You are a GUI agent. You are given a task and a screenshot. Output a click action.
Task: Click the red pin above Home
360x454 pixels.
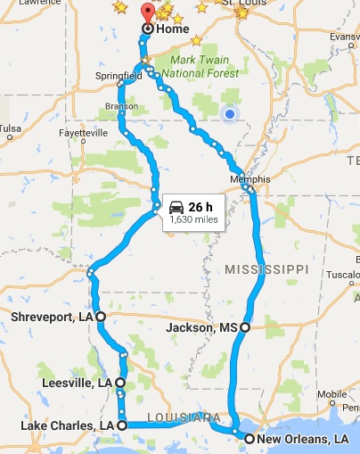click(x=148, y=12)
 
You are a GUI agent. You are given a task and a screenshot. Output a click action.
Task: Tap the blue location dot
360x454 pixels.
click(x=230, y=114)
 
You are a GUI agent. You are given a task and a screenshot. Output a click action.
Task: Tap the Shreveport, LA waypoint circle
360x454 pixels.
click(x=100, y=317)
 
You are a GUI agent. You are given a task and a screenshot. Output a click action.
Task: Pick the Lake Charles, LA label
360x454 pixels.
click(x=67, y=425)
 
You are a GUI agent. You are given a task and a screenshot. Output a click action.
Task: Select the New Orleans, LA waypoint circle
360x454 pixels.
click(x=250, y=439)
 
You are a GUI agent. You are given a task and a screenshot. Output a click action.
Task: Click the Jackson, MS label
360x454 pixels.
click(x=202, y=327)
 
